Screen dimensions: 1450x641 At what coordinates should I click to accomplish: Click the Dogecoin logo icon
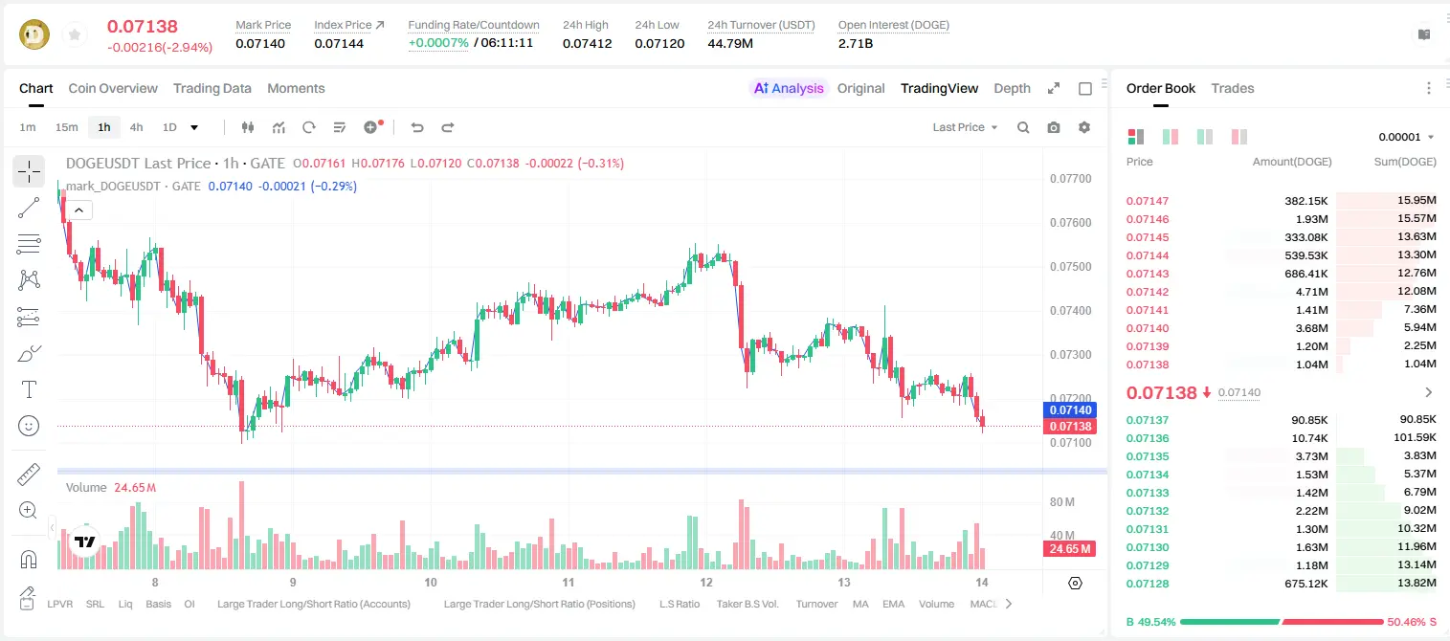tap(34, 34)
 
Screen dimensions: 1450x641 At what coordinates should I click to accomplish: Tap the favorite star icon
tap(75, 35)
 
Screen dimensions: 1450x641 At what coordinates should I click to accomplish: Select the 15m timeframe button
tap(67, 127)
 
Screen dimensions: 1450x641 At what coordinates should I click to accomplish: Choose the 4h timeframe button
tap(136, 127)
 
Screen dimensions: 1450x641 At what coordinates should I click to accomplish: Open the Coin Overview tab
tap(113, 88)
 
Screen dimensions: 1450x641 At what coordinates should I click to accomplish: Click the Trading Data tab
tap(212, 88)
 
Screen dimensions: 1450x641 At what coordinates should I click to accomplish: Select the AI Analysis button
tap(789, 88)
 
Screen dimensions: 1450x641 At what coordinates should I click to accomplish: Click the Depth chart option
tap(1013, 88)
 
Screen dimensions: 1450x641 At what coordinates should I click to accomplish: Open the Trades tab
tap(1233, 88)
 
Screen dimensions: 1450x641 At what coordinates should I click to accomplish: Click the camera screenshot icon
tap(1054, 127)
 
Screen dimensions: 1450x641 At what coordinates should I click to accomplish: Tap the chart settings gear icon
tap(1084, 127)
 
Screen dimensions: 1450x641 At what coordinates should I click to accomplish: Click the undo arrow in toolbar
tap(417, 127)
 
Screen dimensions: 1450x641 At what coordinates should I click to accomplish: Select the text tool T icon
tap(29, 389)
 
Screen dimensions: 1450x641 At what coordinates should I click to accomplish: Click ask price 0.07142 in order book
tap(1148, 292)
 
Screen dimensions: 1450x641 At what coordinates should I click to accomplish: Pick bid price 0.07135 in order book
tap(1148, 456)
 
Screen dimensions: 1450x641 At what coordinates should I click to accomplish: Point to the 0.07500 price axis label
tap(1071, 267)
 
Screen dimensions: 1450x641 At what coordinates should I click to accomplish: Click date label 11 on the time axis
tap(569, 582)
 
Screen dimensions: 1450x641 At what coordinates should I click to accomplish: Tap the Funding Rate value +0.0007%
tap(438, 43)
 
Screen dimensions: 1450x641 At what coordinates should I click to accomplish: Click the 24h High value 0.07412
tap(587, 43)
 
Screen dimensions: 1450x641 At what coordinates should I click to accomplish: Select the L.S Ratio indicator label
tap(680, 604)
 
